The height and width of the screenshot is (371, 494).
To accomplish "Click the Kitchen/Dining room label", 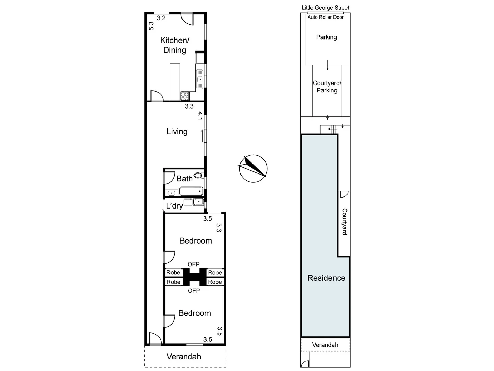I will coord(175,45).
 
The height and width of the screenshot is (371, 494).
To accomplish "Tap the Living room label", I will coord(177,132).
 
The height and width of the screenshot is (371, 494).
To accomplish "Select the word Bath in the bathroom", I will coord(184,179).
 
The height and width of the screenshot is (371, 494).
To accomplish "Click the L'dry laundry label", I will coord(174,206).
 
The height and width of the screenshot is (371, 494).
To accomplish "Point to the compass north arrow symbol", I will coord(253,168).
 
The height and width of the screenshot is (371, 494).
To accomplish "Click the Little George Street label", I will coord(325,8).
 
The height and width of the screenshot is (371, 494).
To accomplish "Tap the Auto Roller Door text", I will coord(325,17).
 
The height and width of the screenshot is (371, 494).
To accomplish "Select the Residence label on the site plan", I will coord(326,278).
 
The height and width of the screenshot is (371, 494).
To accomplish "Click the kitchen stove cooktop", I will coord(185,95).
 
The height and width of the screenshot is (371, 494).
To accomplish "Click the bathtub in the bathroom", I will coord(191,191).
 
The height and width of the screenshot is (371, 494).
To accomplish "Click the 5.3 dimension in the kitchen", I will coord(151,26).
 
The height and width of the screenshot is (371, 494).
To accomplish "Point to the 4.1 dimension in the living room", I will coord(200,115).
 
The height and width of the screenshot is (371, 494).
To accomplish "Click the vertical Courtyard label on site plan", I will coord(344,222).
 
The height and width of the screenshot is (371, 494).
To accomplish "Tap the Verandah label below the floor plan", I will coord(184,357).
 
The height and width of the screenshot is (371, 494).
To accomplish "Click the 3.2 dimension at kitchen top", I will coord(161,18).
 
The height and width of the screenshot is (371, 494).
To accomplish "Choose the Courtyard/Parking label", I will coord(327,87).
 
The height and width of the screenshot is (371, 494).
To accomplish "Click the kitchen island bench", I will coord(175,81).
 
